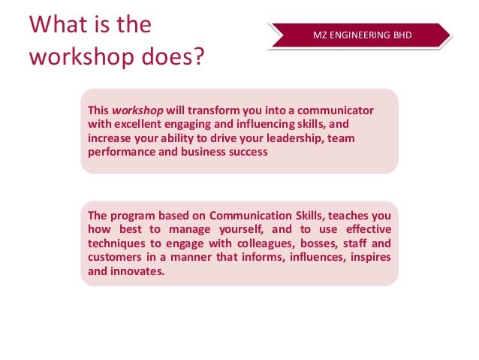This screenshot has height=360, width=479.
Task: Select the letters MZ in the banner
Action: pos(321,35)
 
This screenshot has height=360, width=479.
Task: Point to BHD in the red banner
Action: pos(400,35)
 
